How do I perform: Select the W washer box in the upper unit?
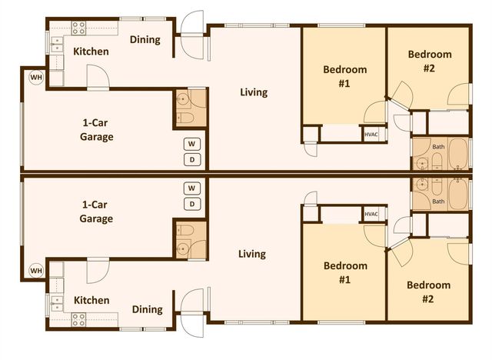[191, 144]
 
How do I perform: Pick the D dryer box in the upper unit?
[191, 159]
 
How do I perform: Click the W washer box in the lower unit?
[191, 188]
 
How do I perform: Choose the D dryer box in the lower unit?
[191, 204]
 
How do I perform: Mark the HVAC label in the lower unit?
[371, 214]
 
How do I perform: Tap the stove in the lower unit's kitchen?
[78, 317]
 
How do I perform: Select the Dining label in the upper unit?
[145, 40]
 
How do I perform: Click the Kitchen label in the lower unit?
[91, 300]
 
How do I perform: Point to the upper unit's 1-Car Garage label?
[97, 129]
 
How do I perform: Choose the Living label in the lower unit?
[252, 254]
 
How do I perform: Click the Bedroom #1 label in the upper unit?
[345, 76]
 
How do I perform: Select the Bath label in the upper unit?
[438, 145]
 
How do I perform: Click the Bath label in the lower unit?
[438, 202]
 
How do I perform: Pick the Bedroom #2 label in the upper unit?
[429, 61]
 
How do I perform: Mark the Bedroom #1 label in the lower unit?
[345, 273]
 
